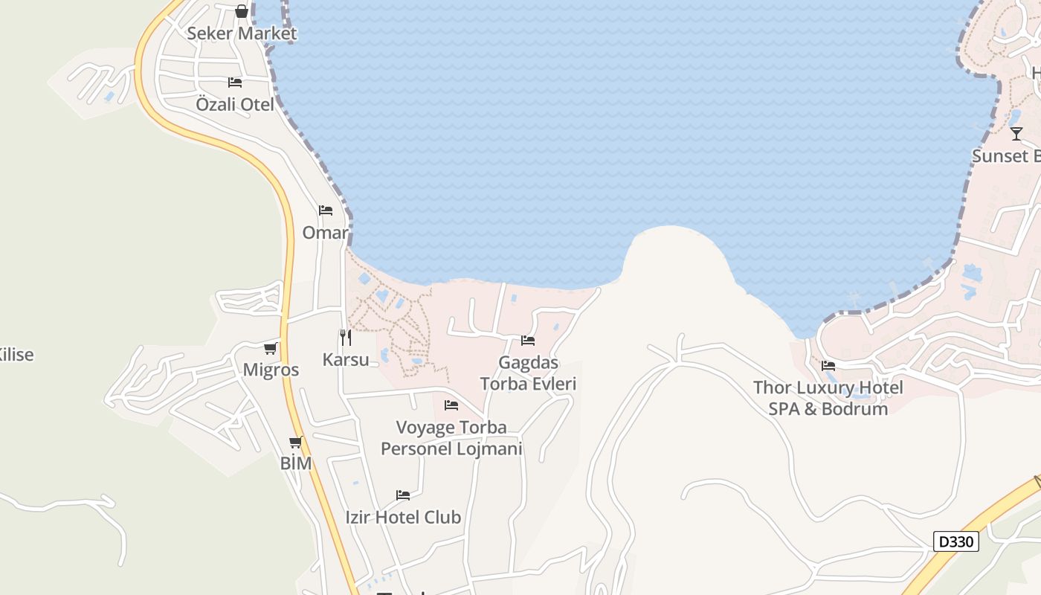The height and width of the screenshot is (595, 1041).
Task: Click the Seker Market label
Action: [242, 33]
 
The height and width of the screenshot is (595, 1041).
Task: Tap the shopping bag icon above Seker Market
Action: [242, 11]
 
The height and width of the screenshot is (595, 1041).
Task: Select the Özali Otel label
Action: [235, 104]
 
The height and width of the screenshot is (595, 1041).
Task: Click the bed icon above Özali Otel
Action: [235, 82]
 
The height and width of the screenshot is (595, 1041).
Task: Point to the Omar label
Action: [325, 233]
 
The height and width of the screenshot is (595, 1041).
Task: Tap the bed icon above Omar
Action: [325, 210]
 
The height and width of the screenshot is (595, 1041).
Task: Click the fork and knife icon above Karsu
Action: [346, 338]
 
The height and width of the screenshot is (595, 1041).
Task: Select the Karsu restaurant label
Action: [346, 360]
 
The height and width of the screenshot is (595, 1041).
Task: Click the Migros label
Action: [271, 370]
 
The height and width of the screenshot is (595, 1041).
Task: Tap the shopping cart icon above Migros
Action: [271, 348]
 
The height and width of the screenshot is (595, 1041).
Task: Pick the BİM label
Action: [296, 463]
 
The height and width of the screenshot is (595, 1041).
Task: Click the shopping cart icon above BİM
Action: [296, 443]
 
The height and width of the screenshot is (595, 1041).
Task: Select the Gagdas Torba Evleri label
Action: [528, 373]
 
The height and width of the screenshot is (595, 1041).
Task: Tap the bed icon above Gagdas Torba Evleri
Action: [528, 341]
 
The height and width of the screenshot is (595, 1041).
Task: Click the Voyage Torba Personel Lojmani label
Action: [451, 438]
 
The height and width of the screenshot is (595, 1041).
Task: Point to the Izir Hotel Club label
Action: [403, 517]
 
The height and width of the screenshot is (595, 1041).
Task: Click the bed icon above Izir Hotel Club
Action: [403, 495]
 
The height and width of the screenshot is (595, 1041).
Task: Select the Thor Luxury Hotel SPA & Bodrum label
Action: [828, 398]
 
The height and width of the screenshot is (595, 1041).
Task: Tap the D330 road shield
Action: [955, 541]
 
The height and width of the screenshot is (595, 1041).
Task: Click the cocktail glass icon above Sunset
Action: [1016, 134]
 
